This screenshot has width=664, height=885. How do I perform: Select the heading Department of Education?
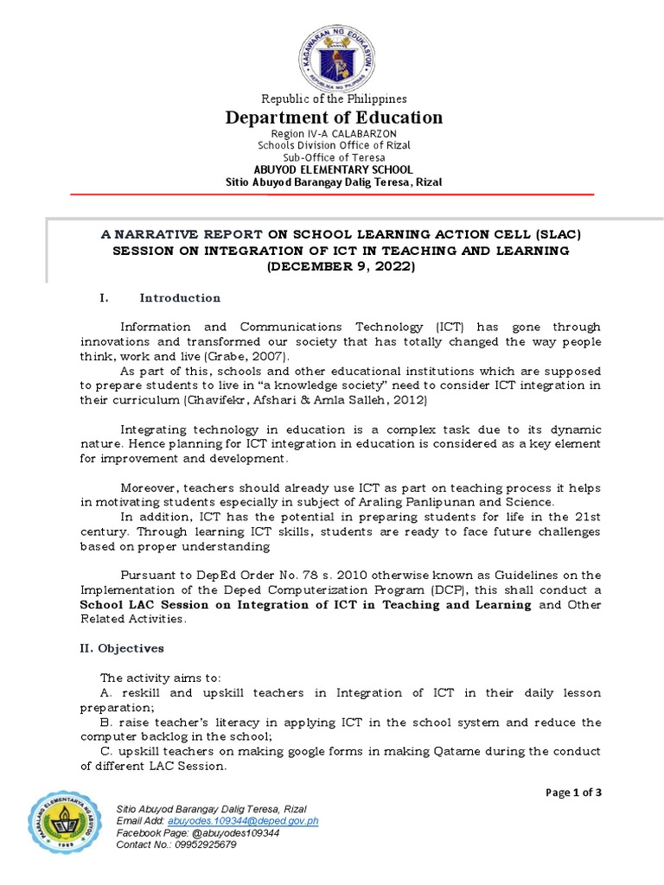334,118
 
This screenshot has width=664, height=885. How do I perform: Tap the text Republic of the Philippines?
334,99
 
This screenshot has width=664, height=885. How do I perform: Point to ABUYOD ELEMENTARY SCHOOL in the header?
334,170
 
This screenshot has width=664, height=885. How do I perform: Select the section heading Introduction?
180,298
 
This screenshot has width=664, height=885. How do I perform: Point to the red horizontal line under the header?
334,195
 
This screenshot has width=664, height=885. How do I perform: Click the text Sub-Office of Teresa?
334,157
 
